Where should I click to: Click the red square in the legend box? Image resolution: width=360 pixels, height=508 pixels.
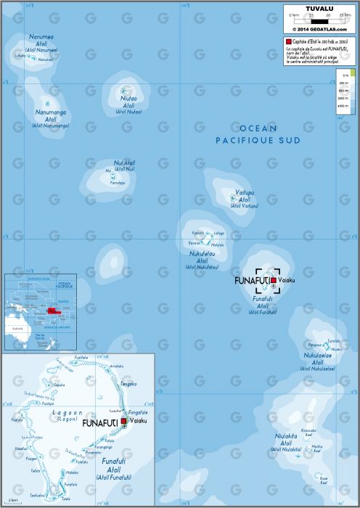coord(289,44)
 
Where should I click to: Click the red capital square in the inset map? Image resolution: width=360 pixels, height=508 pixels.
coord(123,421)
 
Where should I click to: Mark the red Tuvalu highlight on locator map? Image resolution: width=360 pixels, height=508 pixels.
coord(53,311)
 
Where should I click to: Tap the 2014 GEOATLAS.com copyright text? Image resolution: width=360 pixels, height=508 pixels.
coord(319,29)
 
